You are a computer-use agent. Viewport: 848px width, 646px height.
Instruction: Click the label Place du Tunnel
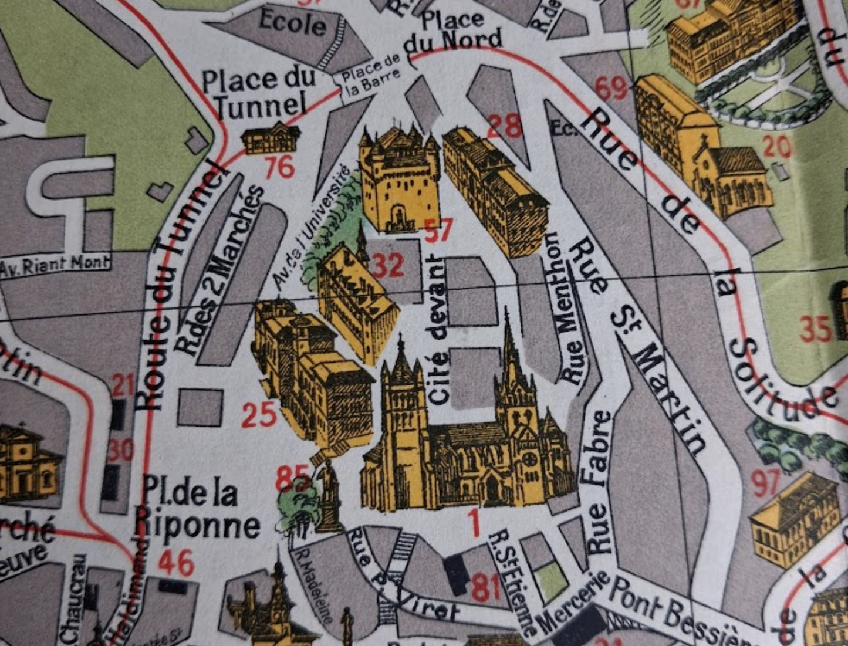258,93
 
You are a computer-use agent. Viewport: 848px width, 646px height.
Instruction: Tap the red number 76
279,168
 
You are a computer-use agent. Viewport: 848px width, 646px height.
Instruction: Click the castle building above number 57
399,179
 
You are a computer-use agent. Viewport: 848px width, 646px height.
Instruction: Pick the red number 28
505,126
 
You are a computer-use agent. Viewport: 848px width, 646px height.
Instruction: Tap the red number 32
388,266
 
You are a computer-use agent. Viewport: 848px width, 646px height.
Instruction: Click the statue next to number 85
330,496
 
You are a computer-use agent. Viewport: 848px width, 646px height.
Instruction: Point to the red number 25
259,415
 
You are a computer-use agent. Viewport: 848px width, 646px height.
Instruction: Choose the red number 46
176,564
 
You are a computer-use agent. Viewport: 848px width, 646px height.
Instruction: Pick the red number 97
766,483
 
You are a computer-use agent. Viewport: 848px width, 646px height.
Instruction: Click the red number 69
610,89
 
